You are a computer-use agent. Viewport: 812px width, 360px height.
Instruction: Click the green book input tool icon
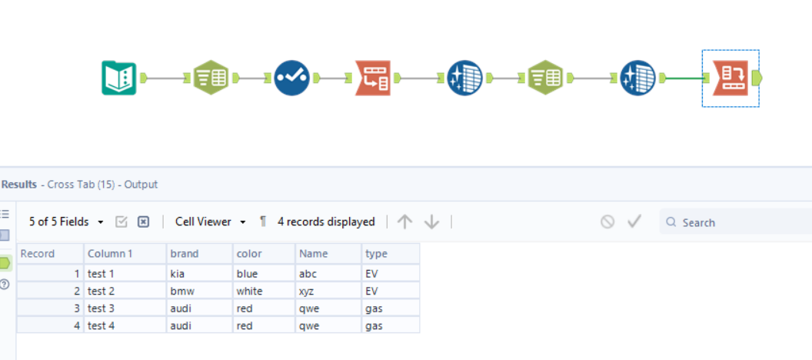pos(118,78)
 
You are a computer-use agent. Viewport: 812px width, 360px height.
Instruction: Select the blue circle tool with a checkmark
pos(292,78)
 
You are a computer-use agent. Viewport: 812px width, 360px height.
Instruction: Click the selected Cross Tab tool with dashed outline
pos(730,78)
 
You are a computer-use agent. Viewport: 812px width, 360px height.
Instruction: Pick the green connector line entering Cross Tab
pos(684,78)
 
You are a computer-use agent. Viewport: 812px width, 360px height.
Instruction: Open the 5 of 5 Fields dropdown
pos(65,222)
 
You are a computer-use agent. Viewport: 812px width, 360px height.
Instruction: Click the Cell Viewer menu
pos(210,222)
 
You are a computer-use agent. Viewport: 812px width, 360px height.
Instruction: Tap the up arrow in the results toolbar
pos(405,222)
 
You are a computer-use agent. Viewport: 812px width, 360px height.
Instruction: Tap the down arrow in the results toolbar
pos(431,222)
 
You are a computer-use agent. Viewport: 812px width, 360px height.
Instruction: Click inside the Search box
pos(730,222)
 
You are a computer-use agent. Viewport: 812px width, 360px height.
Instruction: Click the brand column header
pos(185,254)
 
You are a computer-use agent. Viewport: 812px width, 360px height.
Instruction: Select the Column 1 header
pos(110,254)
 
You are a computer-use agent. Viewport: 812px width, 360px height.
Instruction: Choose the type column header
pos(376,254)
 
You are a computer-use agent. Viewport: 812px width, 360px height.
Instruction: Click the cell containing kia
pos(178,273)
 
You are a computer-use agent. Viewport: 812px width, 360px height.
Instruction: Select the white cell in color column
pos(250,291)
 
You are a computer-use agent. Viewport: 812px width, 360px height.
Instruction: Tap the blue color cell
pos(248,273)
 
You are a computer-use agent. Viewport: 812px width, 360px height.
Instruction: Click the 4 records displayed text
pos(326,222)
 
